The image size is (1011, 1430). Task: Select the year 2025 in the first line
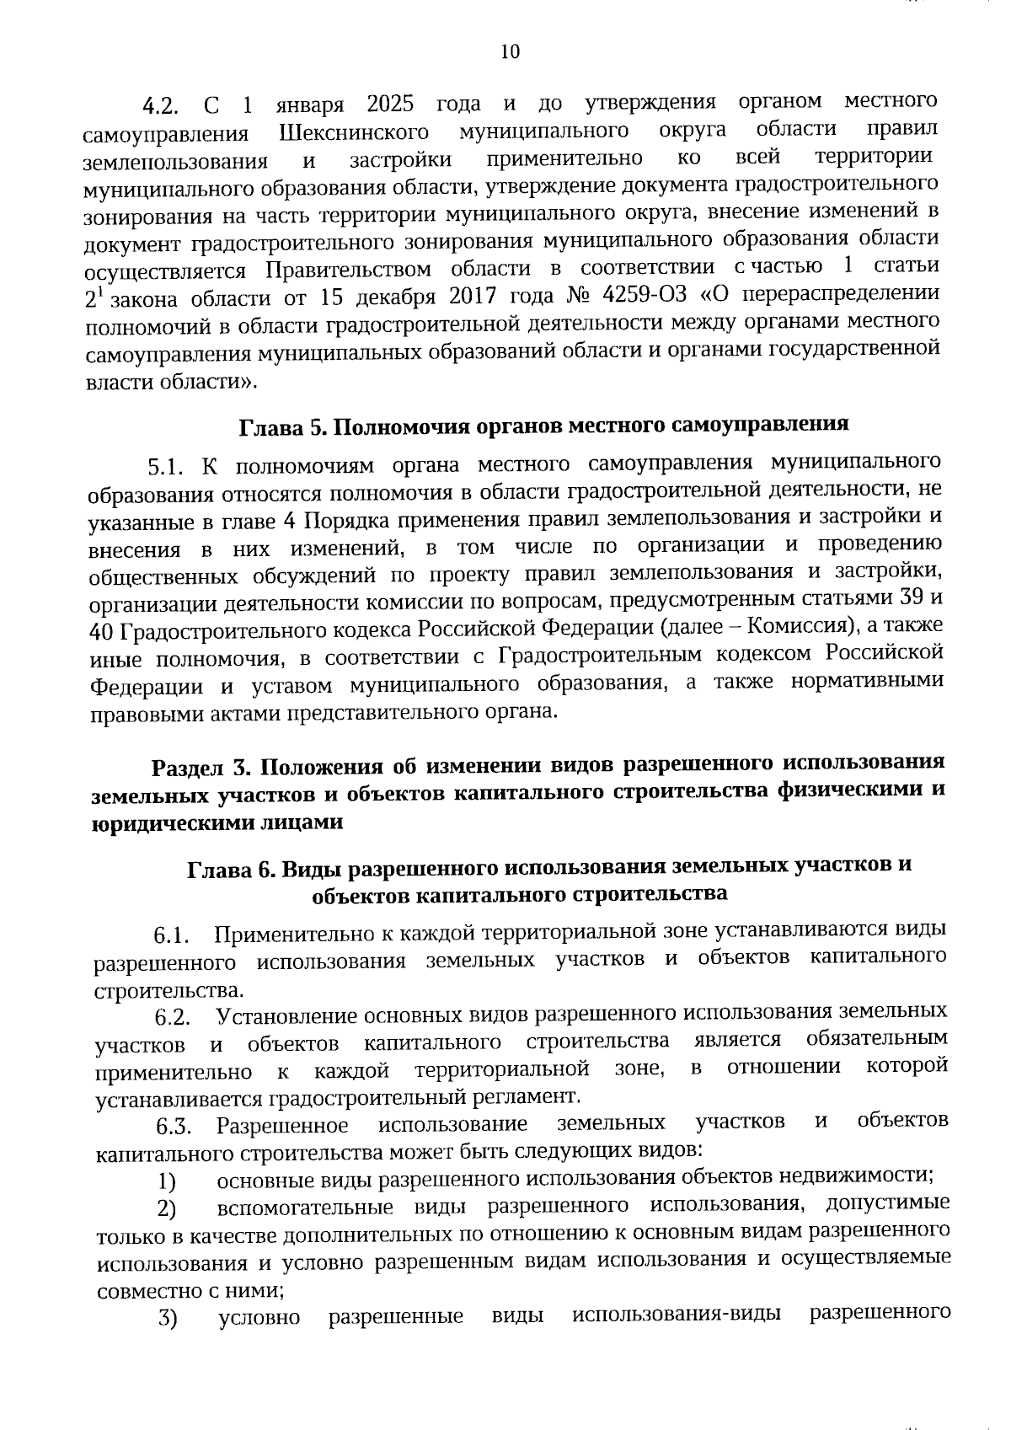[390, 104]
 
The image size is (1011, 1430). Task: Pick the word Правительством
[349, 270]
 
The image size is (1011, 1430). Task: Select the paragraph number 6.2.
[170, 1019]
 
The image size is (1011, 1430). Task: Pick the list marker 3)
[168, 1318]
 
